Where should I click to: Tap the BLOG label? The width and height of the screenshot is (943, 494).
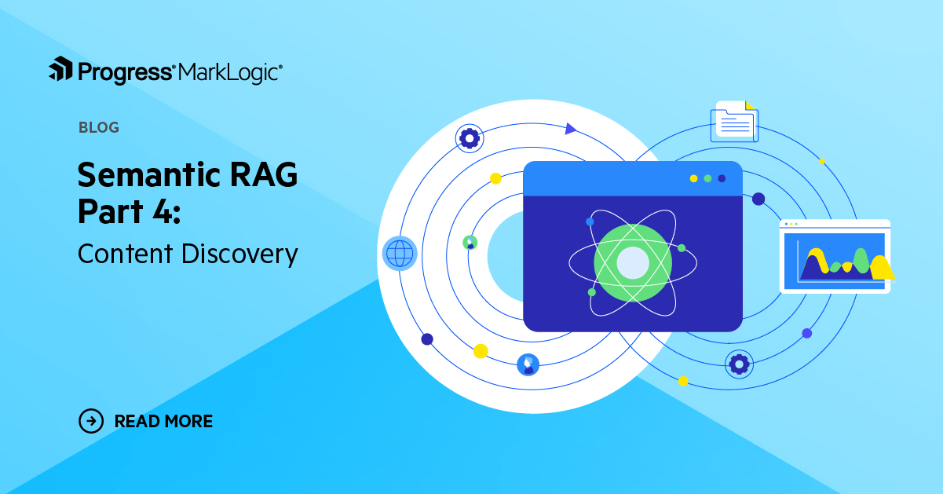[99, 127]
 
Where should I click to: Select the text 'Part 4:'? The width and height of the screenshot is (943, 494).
[129, 211]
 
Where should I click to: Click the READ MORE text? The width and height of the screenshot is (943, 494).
[163, 421]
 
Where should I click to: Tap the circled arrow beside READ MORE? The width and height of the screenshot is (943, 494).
[92, 421]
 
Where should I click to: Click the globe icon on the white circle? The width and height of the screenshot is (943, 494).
[399, 254]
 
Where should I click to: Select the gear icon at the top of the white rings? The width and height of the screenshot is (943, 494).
[470, 139]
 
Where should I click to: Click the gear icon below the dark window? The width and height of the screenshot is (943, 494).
[738, 364]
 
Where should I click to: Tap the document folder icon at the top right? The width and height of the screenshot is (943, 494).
[734, 122]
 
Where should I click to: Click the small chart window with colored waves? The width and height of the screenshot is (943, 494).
[835, 256]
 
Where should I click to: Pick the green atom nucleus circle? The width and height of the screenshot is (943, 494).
[633, 262]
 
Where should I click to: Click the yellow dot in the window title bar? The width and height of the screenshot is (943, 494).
[693, 178]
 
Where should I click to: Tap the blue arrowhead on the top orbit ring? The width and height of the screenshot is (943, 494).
[571, 128]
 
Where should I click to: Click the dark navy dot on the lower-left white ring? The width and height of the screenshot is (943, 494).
[427, 339]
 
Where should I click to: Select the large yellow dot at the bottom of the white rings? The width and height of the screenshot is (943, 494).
[481, 350]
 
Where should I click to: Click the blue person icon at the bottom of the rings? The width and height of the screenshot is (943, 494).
[528, 364]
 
